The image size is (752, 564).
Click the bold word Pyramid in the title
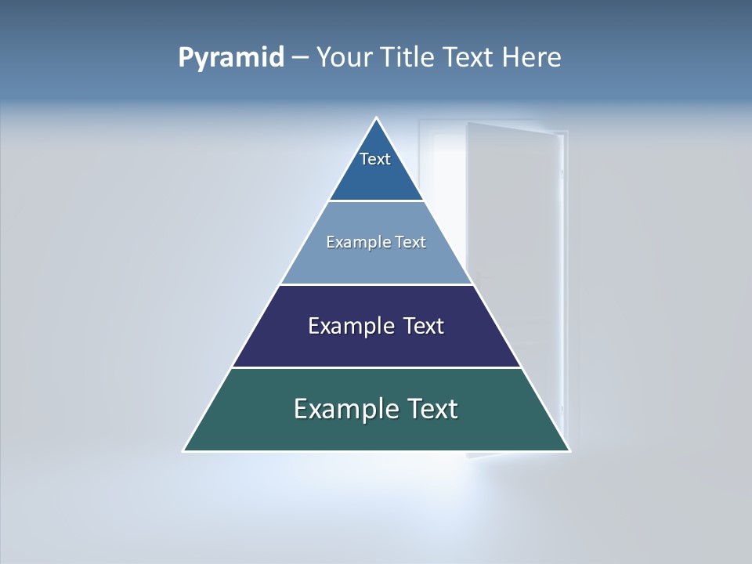coord(231,58)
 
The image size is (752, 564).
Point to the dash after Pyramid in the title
coord(299,58)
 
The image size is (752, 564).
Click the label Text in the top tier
coord(375,159)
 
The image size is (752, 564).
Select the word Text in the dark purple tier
coord(424,326)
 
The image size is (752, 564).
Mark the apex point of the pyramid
coord(377,118)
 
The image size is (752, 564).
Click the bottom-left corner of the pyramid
coord(184,450)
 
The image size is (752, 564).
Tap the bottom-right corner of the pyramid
coord(569,450)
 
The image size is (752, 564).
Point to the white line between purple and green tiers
coord(376,367)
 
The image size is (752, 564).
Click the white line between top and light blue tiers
coord(376,201)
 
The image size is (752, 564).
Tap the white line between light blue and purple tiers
coord(376,284)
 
